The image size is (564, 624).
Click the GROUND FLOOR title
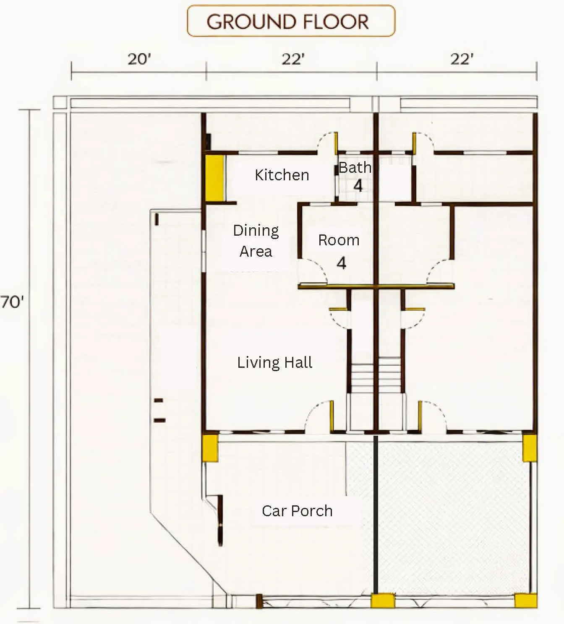click(x=287, y=22)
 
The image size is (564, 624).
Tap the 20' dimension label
click(x=139, y=59)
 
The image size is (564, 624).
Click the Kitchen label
click(x=282, y=175)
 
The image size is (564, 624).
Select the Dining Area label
click(x=256, y=241)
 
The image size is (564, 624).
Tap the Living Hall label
click(x=275, y=362)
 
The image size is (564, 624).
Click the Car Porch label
click(x=297, y=511)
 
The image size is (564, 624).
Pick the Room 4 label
click(x=339, y=251)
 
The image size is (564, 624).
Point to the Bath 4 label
click(x=355, y=177)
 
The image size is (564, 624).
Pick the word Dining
click(x=256, y=231)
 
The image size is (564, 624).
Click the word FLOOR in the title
click(x=335, y=22)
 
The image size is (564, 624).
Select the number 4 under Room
click(x=341, y=263)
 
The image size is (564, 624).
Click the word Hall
click(x=298, y=362)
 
